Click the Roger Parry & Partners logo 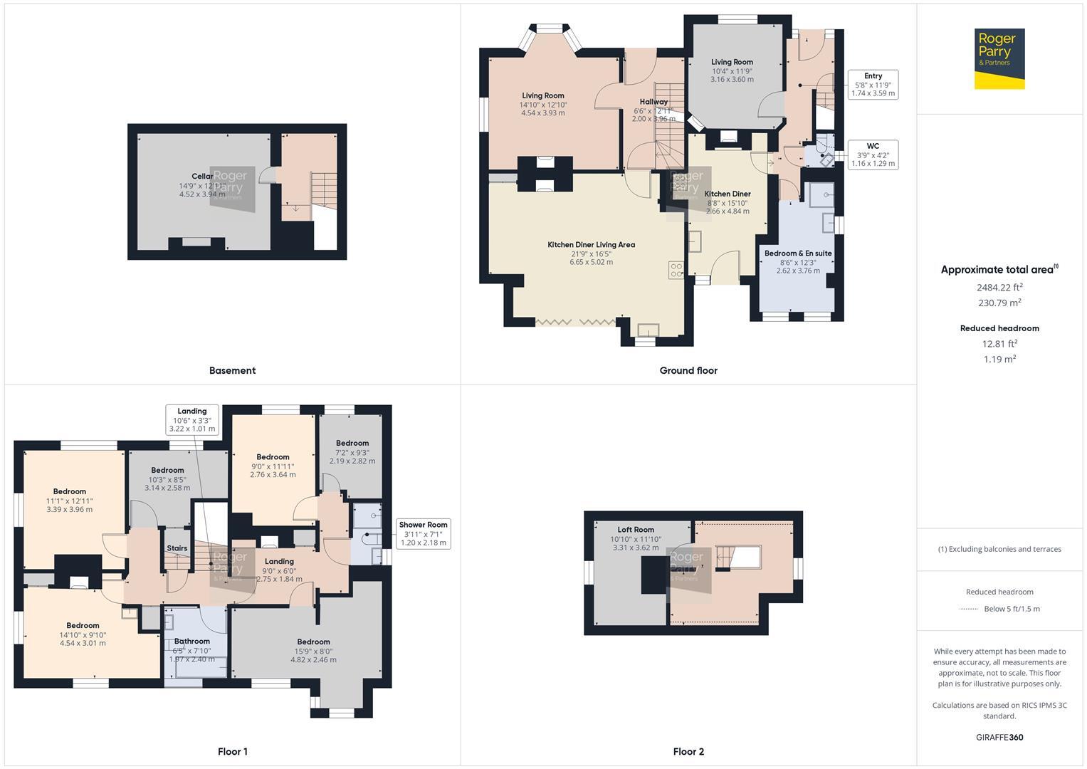[x=999, y=58]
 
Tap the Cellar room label [x=202, y=177]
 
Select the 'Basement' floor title [x=232, y=370]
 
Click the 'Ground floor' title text [x=688, y=370]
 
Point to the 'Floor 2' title [x=688, y=751]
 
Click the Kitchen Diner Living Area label [x=591, y=245]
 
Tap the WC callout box [x=873, y=155]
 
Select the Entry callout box [x=873, y=85]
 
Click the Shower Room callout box [x=423, y=533]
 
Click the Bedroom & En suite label [x=798, y=253]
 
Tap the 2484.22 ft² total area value [x=999, y=288]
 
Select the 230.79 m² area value [x=999, y=303]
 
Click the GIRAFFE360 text [x=999, y=737]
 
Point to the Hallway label [x=653, y=102]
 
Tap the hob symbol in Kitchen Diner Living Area [x=676, y=270]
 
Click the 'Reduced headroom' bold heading [x=999, y=328]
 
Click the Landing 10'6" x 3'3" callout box [x=192, y=420]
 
